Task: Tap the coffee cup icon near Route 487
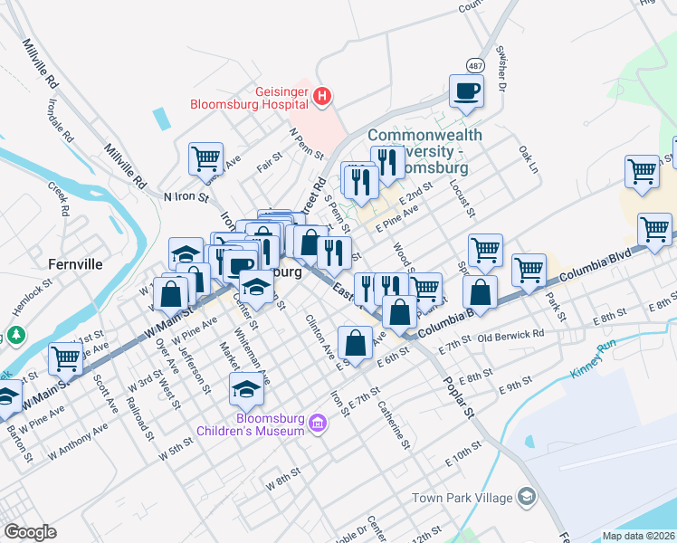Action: [x=466, y=90]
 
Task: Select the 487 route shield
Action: [x=474, y=66]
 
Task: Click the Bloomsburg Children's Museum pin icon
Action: [x=317, y=423]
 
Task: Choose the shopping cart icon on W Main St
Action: [x=65, y=358]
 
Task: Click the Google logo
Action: [x=30, y=532]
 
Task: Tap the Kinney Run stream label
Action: [x=594, y=359]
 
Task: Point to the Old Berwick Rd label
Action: [x=511, y=336]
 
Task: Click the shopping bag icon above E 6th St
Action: [x=357, y=341]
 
